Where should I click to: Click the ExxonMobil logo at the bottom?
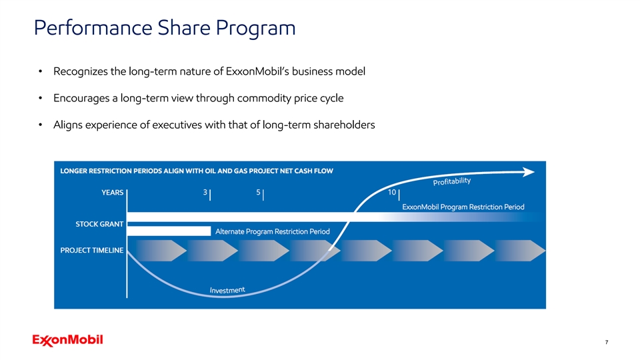[x=68, y=340]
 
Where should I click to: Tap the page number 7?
[x=607, y=342]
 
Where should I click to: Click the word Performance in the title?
[x=93, y=28]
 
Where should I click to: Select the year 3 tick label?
[x=205, y=192]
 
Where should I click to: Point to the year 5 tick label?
[x=258, y=192]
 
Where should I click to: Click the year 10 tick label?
[x=392, y=192]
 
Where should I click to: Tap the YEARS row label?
[x=112, y=193]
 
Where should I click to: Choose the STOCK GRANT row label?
[x=99, y=224]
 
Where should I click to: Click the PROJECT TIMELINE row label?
[x=92, y=250]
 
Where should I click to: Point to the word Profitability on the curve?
[x=452, y=181]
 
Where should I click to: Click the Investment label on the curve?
[x=227, y=290]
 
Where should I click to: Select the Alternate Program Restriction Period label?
[x=272, y=231]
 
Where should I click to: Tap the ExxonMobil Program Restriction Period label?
[x=463, y=207]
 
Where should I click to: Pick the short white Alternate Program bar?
[x=169, y=231]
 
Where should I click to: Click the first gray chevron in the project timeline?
[x=161, y=251]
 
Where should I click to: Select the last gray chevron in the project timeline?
[x=520, y=251]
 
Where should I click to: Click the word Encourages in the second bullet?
[x=81, y=99]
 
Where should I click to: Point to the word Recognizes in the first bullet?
[x=81, y=72]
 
